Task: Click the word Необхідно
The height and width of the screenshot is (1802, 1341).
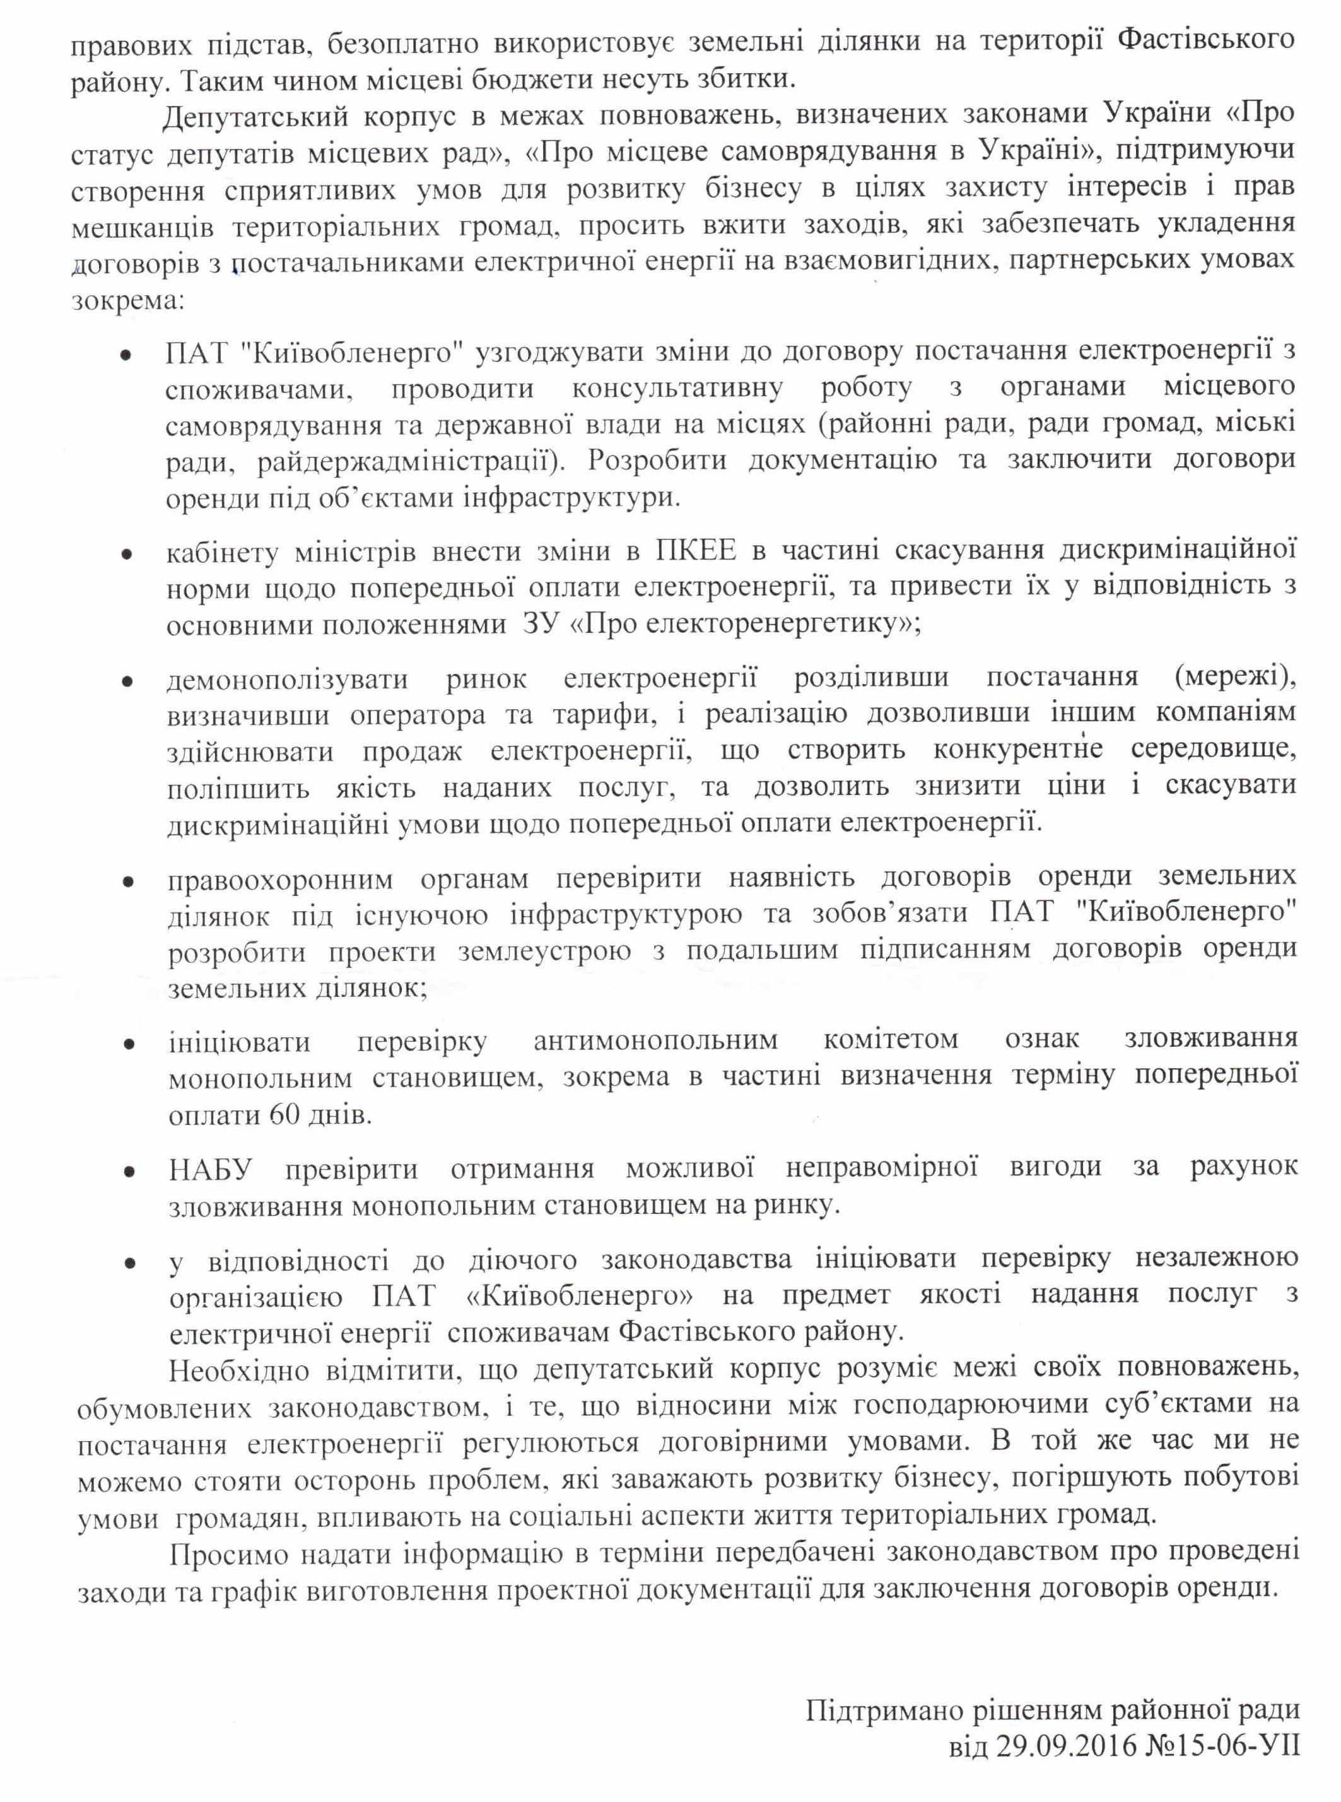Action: (238, 1369)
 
